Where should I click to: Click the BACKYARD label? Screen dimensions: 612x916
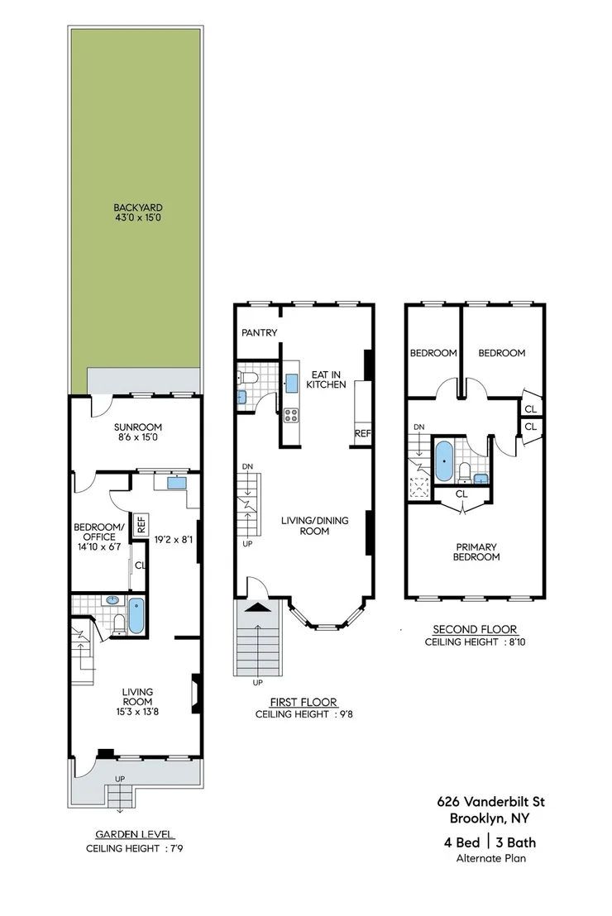click(138, 208)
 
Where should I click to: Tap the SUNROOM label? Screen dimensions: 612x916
click(138, 427)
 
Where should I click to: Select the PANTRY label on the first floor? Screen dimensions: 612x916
click(260, 332)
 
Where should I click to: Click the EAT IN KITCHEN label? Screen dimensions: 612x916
click(326, 379)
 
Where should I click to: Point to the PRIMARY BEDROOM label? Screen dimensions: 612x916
click(476, 552)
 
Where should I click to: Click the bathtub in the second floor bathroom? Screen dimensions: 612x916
click(444, 461)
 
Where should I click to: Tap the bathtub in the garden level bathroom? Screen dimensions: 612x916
click(136, 616)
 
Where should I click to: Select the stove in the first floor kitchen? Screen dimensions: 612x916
click(291, 415)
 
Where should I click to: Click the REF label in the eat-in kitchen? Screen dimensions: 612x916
click(362, 433)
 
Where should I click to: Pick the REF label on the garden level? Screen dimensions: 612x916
click(141, 523)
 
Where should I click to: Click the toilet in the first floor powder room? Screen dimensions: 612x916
click(248, 377)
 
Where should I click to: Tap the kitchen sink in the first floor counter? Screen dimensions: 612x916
click(291, 384)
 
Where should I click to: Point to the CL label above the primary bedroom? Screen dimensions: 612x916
click(461, 494)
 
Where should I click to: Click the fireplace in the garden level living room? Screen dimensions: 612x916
click(197, 694)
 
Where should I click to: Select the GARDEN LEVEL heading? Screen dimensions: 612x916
click(135, 835)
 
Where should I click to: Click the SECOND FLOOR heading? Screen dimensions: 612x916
click(475, 629)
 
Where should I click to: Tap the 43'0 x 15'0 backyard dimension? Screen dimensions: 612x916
click(138, 218)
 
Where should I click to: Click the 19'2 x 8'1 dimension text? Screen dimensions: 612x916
click(173, 540)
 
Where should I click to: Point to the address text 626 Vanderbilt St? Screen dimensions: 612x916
click(491, 802)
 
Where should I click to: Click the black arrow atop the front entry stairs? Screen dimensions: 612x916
click(258, 608)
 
